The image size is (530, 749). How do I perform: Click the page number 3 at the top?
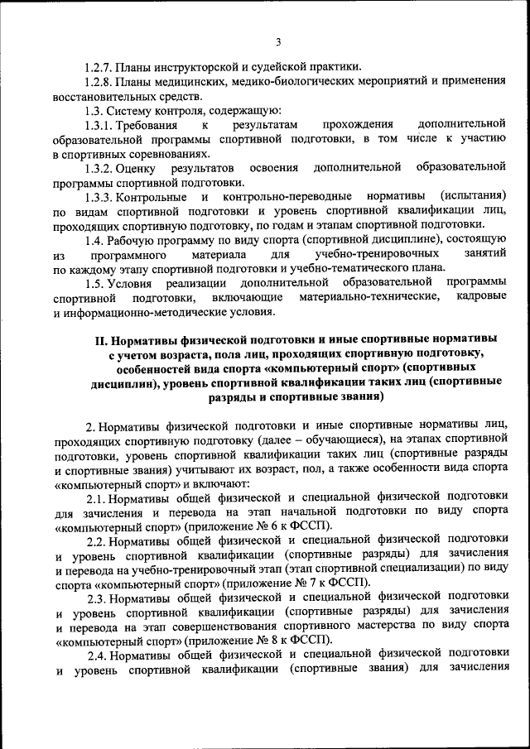click(x=278, y=42)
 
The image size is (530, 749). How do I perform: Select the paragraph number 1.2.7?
click(x=100, y=66)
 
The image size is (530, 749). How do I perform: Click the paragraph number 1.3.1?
click(x=100, y=125)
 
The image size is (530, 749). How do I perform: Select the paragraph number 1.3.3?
click(x=100, y=197)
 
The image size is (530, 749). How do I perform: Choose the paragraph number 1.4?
click(x=95, y=240)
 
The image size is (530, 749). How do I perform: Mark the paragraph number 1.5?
click(x=95, y=283)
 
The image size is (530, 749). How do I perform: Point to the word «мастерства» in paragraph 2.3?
click(x=389, y=627)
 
